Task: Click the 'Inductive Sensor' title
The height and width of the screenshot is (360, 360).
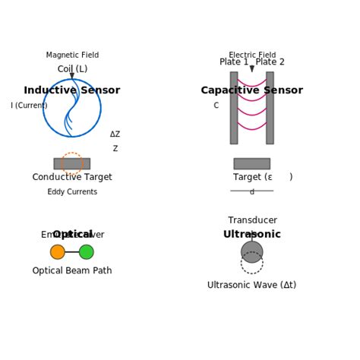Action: point(72,90)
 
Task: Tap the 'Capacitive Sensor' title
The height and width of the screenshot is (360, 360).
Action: point(251,90)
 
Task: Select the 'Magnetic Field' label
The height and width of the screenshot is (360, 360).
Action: point(72,55)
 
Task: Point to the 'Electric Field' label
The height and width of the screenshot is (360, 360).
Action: point(252,55)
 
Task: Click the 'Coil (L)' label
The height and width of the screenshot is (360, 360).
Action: point(72,69)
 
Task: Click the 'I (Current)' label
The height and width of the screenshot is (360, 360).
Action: point(29,106)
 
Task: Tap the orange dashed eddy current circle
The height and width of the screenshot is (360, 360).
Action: point(71,163)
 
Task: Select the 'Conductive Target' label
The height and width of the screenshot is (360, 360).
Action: point(72,177)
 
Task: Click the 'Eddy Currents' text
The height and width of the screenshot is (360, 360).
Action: point(72,192)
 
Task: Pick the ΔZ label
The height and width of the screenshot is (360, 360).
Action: point(115,134)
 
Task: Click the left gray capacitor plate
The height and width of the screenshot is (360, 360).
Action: point(234,108)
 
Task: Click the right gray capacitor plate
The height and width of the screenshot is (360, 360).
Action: point(270,108)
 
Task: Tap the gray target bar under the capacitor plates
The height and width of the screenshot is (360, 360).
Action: point(251,163)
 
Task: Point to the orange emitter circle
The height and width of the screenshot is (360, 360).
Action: point(58,252)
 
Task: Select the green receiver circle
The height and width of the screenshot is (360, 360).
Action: point(87,252)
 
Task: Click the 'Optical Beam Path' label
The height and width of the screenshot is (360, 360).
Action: point(72,270)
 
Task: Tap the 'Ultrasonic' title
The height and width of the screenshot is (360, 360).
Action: point(251,235)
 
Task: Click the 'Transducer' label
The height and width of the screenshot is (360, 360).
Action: point(252,220)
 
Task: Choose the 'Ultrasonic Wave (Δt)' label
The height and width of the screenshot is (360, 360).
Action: point(251,285)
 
